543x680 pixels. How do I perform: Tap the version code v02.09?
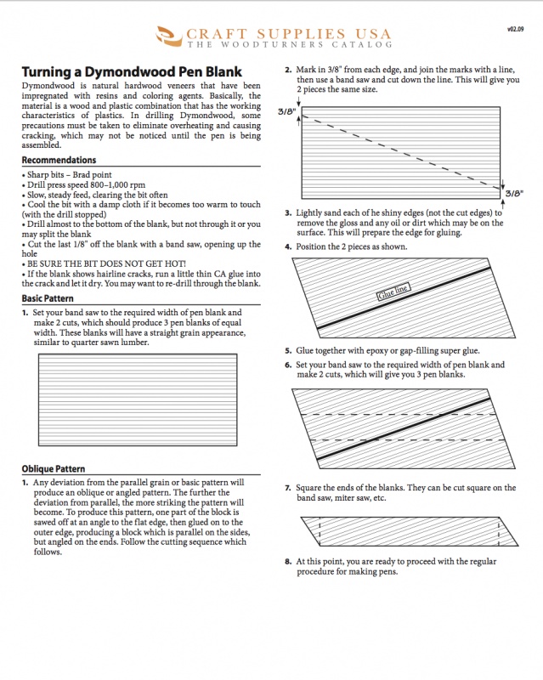pos(515,28)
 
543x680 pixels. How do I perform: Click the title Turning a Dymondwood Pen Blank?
pos(131,72)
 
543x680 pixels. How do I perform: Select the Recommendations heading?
pos(59,160)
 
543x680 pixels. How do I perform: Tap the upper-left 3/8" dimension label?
pos(286,111)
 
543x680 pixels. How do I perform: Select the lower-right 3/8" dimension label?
pos(514,194)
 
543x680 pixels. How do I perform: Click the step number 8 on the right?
pos(288,562)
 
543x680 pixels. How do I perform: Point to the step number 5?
pos(288,350)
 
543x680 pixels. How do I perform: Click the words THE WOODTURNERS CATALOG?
pos(290,44)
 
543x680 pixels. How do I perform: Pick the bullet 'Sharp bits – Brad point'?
pos(68,175)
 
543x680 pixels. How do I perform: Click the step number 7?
pos(288,488)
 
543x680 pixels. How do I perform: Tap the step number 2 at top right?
pos(288,70)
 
